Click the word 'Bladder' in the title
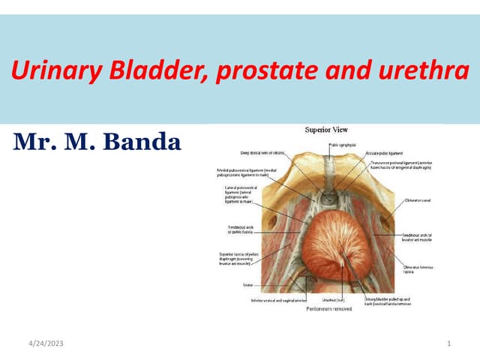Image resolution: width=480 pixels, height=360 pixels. pyautogui.click(x=150, y=71)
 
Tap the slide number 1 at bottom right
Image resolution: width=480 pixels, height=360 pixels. pyautogui.click(x=448, y=343)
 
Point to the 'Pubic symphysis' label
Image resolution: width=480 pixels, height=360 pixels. pyautogui.click(x=342, y=145)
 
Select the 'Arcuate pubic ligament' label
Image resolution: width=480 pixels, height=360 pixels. pyautogui.click(x=382, y=151)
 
